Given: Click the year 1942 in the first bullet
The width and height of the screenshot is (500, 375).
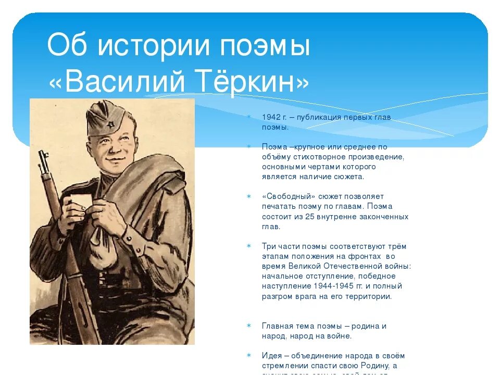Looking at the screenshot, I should (271, 117).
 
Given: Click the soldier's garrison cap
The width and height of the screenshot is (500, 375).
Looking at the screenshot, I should (106, 117).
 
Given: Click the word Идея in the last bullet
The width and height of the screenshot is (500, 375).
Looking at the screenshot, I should (272, 356).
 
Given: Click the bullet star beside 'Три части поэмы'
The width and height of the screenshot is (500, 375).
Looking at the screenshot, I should (249, 246).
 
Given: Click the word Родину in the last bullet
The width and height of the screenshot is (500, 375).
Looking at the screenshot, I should (373, 366).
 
